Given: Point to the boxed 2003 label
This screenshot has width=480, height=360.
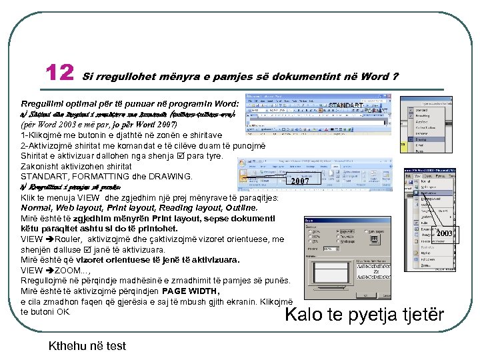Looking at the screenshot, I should (x=444, y=233).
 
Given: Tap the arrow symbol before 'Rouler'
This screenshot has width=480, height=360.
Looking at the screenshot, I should (x=50, y=239).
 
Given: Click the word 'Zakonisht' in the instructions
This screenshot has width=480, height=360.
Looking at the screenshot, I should (x=40, y=166).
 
